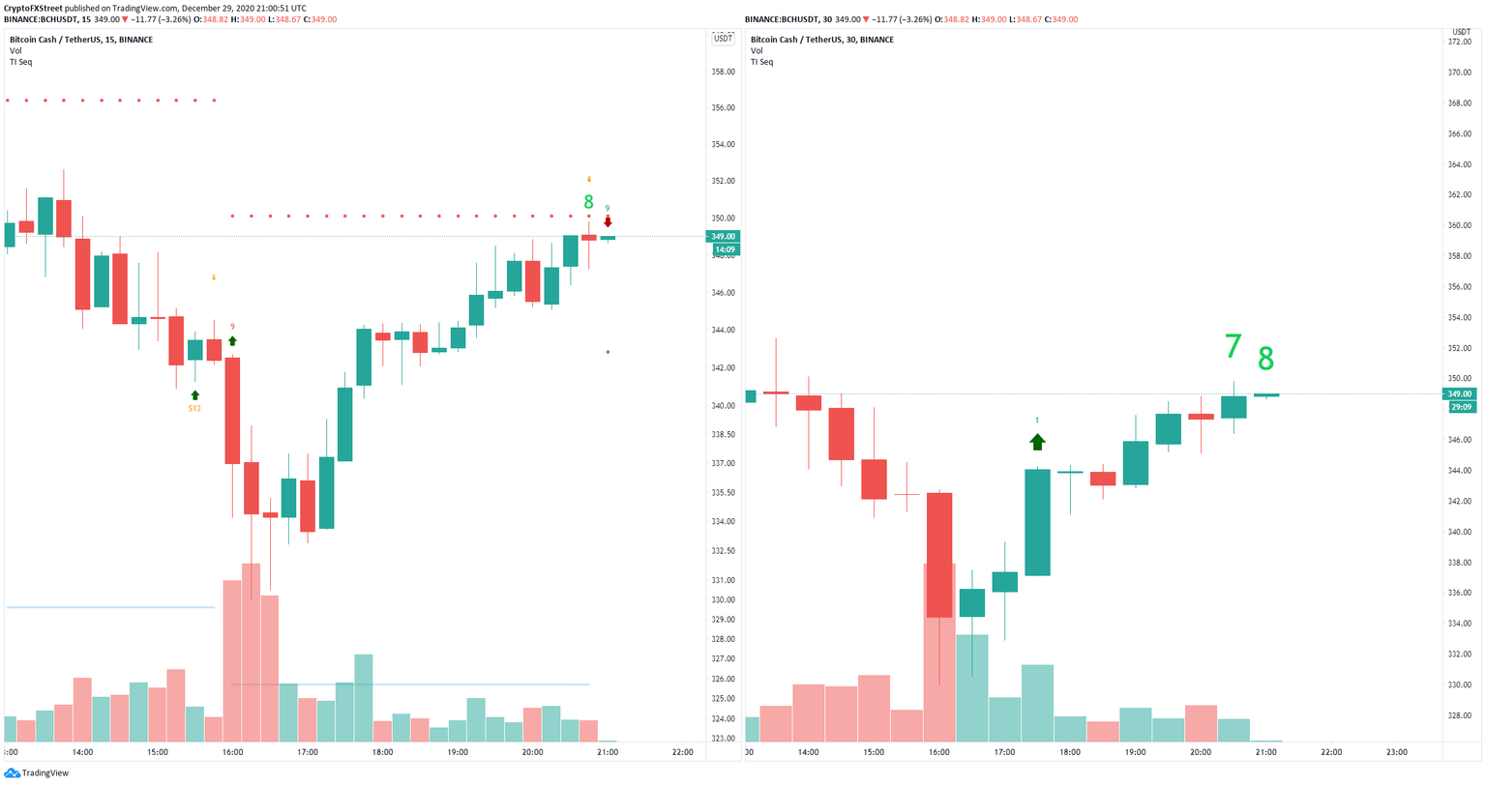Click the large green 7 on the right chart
[1233, 346]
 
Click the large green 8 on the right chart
[1265, 360]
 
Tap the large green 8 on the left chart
[588, 202]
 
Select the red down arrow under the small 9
[608, 221]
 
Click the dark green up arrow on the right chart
[1037, 442]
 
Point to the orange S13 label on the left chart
[194, 408]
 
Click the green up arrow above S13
[194, 394]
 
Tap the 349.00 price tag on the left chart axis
[723, 237]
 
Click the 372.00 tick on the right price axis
[1459, 42]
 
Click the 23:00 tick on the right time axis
[1396, 752]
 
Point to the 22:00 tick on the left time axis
[682, 752]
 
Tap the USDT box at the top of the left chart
[723, 39]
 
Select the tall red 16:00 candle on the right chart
[938, 555]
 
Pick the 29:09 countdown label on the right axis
[1459, 408]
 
